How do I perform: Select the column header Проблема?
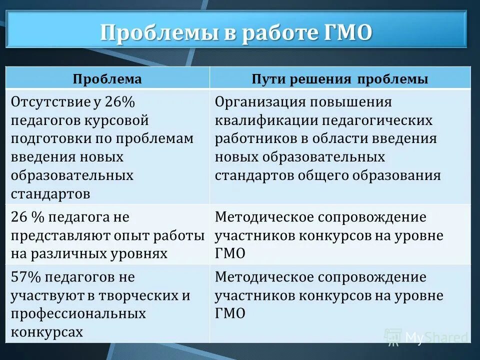[107, 79]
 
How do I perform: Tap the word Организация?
[260, 102]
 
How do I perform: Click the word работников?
[250, 138]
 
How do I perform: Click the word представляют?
[55, 235]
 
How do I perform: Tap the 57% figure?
[25, 277]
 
